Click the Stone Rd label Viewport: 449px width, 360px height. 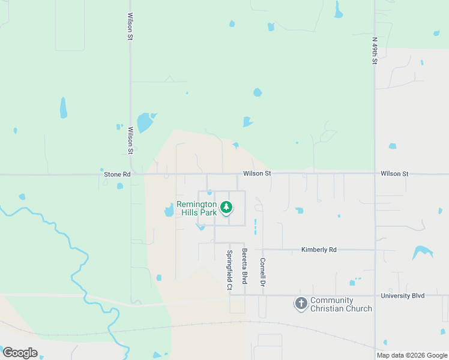(x=118, y=174)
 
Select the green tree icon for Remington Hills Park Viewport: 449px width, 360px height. (x=226, y=208)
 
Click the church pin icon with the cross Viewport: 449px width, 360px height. (x=301, y=304)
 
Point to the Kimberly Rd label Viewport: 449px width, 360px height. (x=319, y=249)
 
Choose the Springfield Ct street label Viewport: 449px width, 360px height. (x=229, y=270)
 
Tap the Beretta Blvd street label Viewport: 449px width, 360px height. (x=244, y=266)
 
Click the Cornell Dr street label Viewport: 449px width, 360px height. (x=262, y=272)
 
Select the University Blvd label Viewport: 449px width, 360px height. (x=403, y=296)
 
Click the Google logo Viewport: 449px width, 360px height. (x=20, y=353)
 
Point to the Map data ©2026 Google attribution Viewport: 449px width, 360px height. (x=412, y=355)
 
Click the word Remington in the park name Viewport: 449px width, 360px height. (x=196, y=204)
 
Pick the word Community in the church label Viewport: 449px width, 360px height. (x=332, y=300)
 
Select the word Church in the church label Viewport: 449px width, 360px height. (x=360, y=308)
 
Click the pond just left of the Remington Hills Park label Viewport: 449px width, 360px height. (x=169, y=210)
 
